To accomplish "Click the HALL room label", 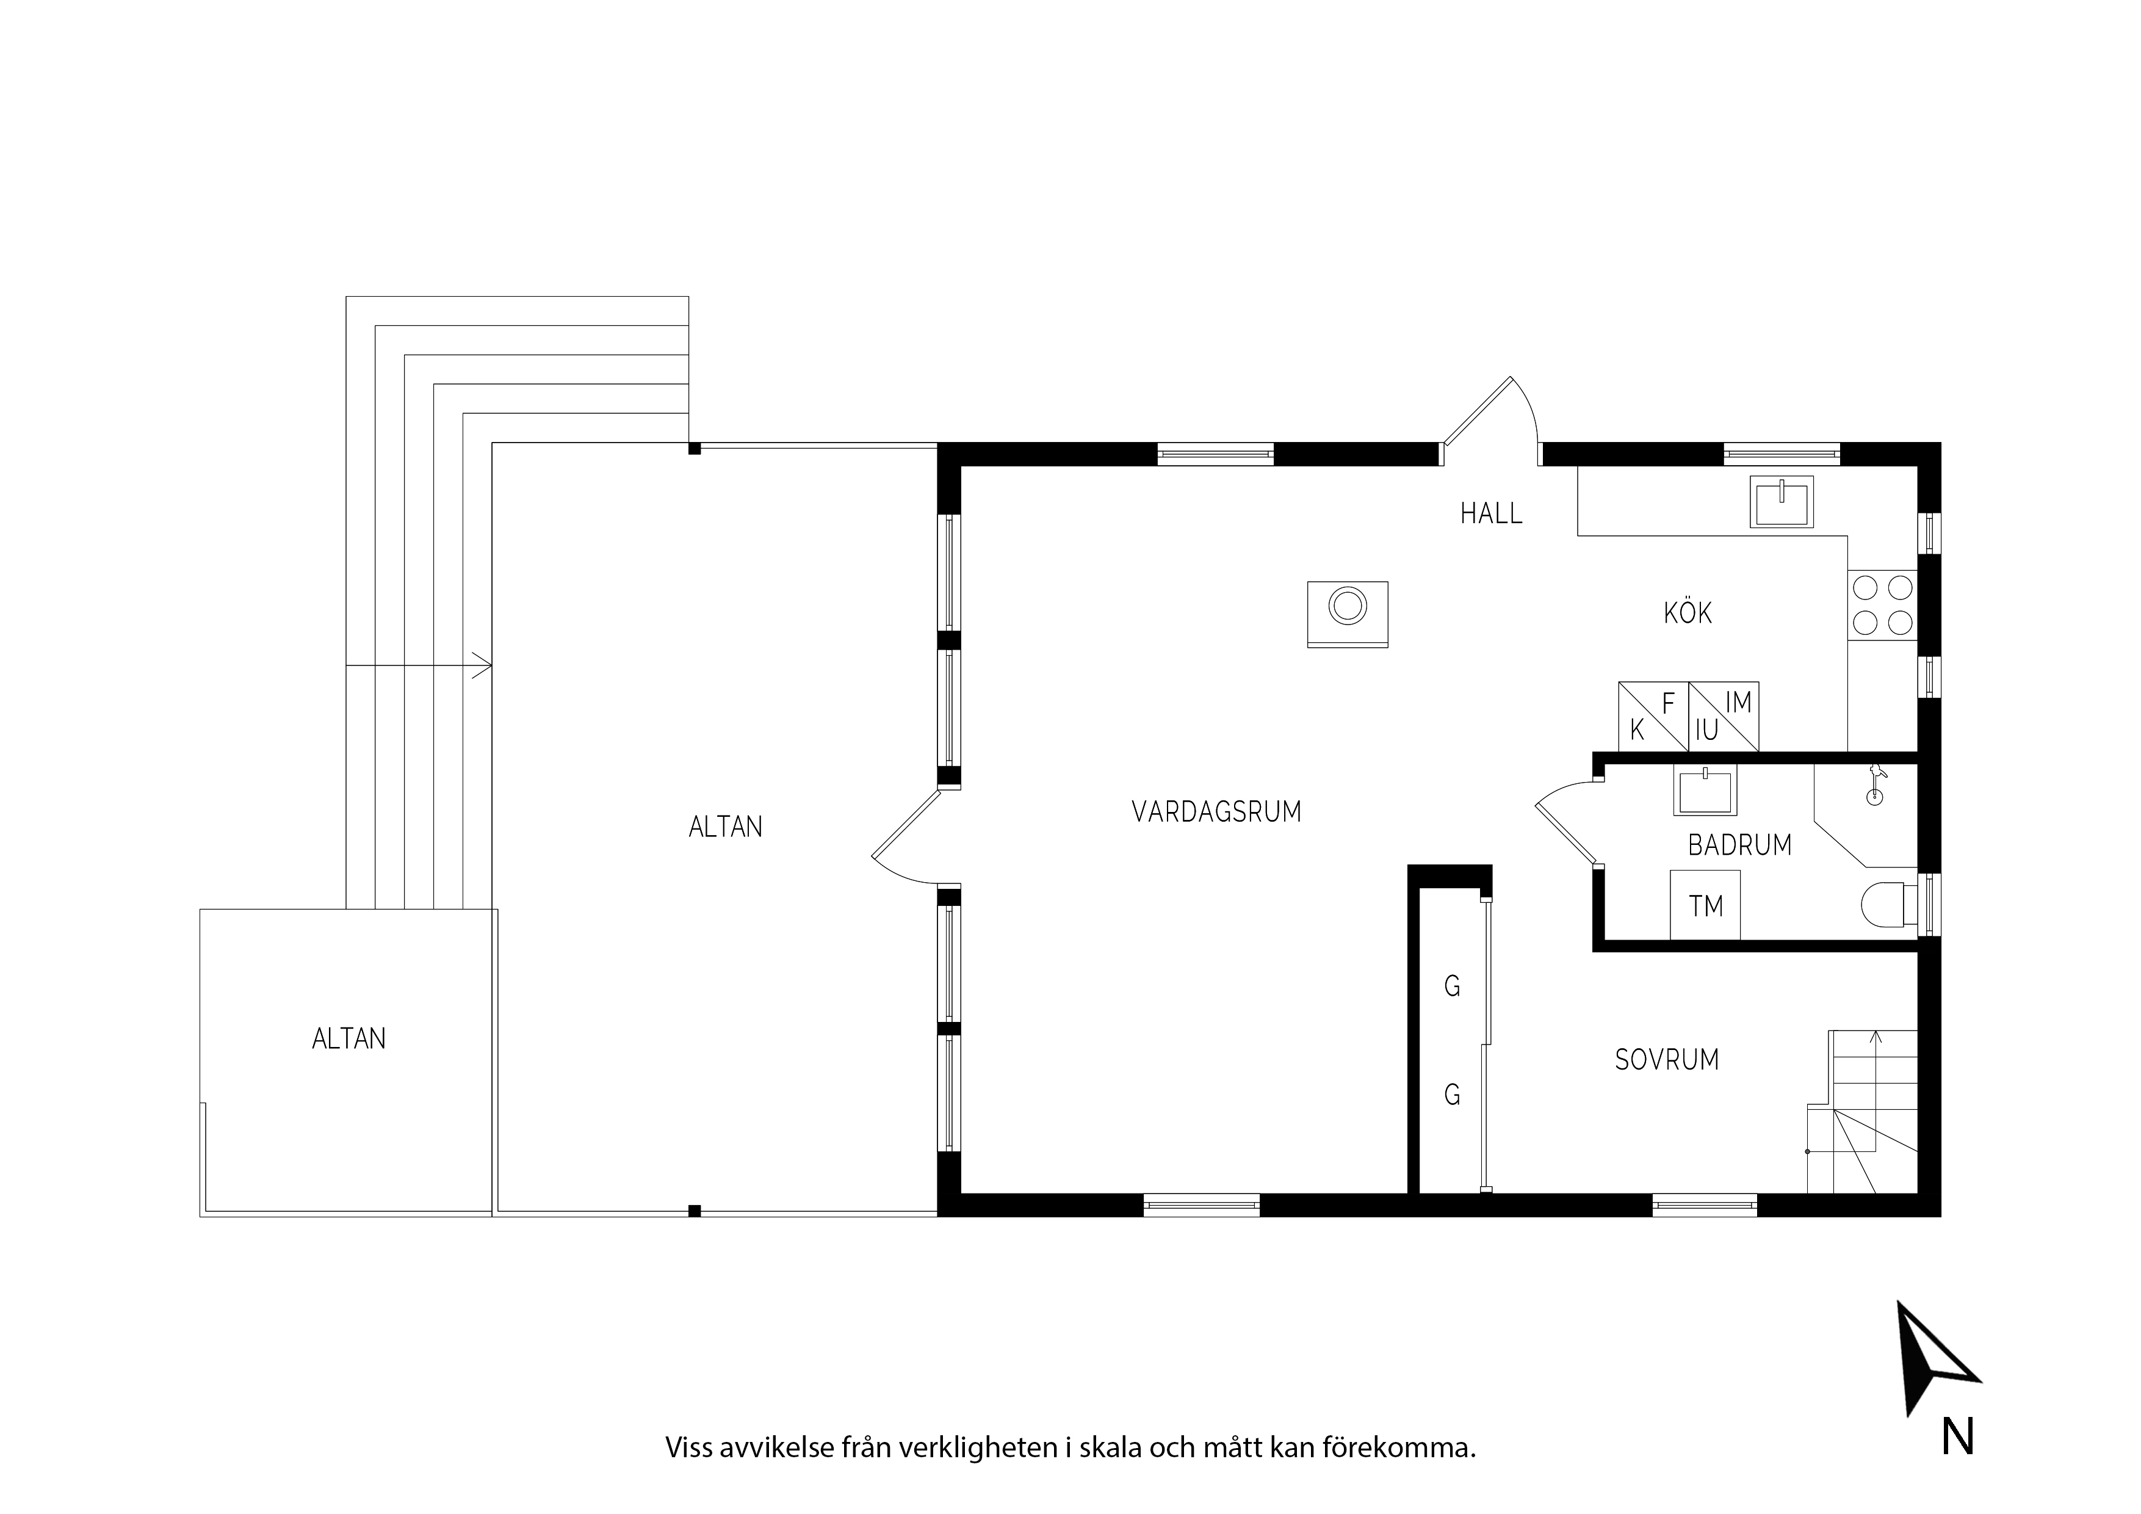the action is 1491,513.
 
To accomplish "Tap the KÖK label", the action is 1688,613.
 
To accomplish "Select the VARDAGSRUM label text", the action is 1216,811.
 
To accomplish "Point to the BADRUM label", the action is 1740,845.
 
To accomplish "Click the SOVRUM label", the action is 1666,1060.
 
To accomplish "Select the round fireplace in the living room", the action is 1348,614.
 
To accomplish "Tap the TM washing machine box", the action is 1705,905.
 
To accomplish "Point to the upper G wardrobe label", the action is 1452,986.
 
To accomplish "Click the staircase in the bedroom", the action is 1862,1111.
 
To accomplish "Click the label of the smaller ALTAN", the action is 348,1039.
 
